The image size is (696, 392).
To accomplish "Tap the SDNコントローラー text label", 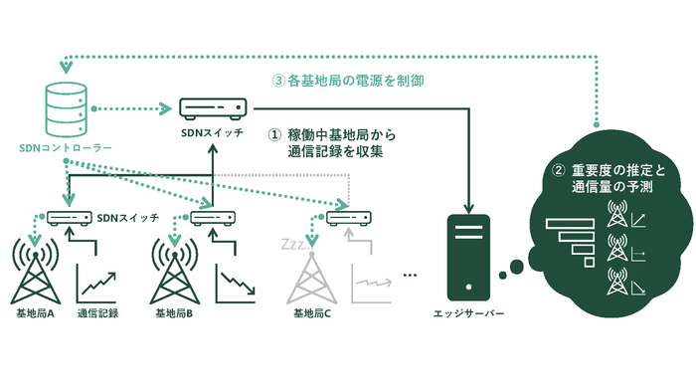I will (x=66, y=147).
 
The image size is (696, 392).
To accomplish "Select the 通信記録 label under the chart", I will (x=98, y=312).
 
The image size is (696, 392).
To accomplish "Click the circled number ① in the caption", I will (x=276, y=133).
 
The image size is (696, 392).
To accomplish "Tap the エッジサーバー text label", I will (x=469, y=313).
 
